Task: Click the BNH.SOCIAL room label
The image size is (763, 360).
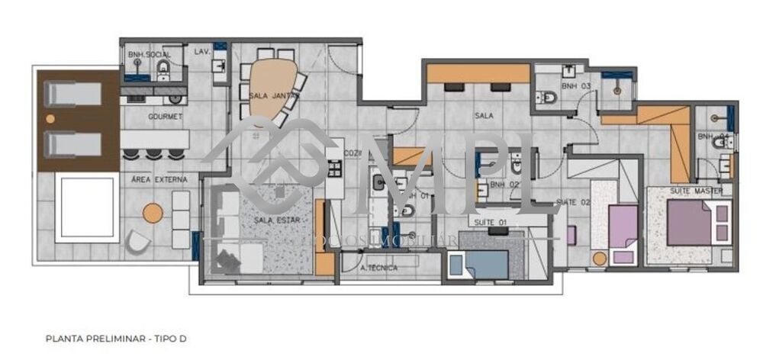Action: pyautogui.click(x=150, y=55)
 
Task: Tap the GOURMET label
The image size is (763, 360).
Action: pyautogui.click(x=165, y=117)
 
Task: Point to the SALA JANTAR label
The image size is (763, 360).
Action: pyautogui.click(x=273, y=96)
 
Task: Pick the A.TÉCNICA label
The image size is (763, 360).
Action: pyautogui.click(x=379, y=268)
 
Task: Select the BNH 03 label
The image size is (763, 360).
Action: pyautogui.click(x=577, y=87)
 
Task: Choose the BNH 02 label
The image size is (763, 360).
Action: pyautogui.click(x=504, y=185)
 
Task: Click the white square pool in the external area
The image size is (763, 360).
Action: pyautogui.click(x=90, y=207)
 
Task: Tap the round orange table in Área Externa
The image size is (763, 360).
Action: pyautogui.click(x=153, y=214)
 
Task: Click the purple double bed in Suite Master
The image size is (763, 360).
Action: pyautogui.click(x=691, y=222)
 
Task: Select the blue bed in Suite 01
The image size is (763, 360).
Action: pyautogui.click(x=486, y=264)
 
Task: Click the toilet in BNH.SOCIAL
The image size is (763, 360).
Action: pyautogui.click(x=163, y=71)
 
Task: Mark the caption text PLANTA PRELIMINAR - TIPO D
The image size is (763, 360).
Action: pyautogui.click(x=116, y=336)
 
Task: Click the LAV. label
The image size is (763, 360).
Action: pyautogui.click(x=202, y=51)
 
